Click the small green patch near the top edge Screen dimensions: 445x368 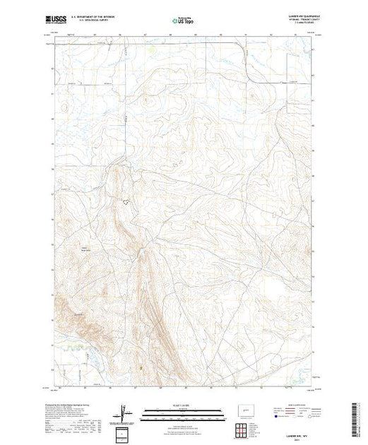150,52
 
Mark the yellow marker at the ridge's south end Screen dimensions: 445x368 141,367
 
